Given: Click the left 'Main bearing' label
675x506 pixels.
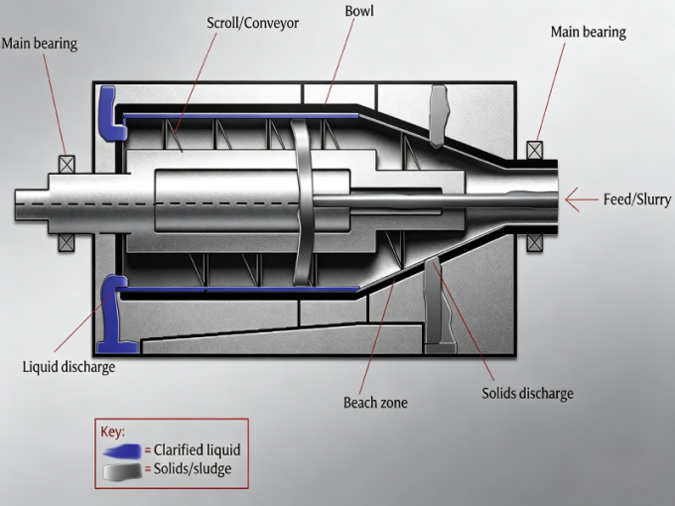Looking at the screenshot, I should tap(40, 43).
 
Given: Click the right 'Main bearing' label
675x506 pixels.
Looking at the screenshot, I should tap(588, 32).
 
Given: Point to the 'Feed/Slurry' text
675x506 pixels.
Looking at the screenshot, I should tap(636, 199).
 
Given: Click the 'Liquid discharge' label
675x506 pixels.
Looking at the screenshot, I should tap(68, 367).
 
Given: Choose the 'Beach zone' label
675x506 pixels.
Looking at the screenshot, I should tap(375, 403).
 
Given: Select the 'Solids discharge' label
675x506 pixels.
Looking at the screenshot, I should tap(527, 393).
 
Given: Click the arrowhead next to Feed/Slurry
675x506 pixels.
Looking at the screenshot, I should tap(573, 199).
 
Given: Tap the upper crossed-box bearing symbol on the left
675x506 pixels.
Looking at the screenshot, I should tap(67, 165).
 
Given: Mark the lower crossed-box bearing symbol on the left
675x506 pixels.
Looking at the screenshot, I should tap(67, 240).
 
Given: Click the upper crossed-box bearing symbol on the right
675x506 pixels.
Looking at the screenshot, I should tap(535, 150).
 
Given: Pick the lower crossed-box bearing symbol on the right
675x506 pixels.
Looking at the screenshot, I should tap(535, 240).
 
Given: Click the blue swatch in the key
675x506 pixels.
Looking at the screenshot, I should tap(122, 450).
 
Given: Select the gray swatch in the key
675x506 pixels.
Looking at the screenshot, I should tap(122, 469).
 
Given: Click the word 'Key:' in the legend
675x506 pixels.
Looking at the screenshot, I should tap(112, 433).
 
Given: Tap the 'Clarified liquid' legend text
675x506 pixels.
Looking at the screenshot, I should tap(197, 450).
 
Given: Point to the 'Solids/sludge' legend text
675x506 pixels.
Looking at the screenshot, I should tap(195, 469).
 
